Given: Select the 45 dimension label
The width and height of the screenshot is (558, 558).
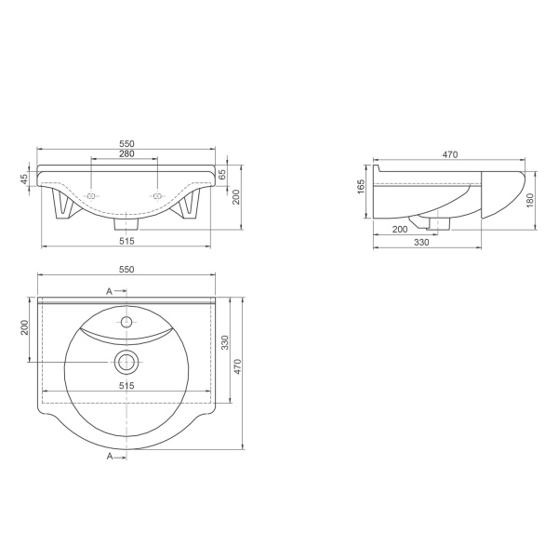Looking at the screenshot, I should coord(26,179).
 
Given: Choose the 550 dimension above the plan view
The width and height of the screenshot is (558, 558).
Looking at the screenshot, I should coord(127,269).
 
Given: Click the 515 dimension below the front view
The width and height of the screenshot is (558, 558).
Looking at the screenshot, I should coord(127,241).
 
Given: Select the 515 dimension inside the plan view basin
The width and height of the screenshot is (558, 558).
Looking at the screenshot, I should coord(127,384).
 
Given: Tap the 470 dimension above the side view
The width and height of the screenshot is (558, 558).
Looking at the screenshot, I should coord(449,156).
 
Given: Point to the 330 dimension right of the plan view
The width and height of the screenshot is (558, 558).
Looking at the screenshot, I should coord(223,341).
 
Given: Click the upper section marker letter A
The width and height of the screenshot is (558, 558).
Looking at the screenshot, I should coord(109,291).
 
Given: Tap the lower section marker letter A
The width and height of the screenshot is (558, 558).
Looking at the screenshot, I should coord(109,457).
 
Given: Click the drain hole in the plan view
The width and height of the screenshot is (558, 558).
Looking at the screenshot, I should coord(126,361).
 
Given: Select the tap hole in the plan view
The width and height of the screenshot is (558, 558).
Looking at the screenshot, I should coord(126,322).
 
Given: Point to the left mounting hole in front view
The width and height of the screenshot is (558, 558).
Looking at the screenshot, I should coord(92,196).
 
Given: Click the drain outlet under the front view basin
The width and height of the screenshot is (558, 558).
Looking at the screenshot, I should coord(126,223).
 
